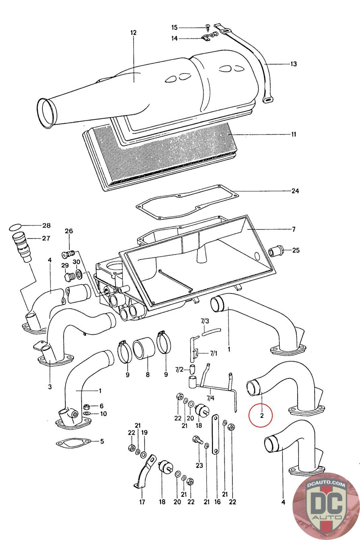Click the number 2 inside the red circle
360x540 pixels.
point(262,415)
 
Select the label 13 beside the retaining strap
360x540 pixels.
point(293,64)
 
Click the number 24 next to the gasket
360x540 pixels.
point(295,191)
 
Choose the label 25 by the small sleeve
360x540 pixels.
point(296,250)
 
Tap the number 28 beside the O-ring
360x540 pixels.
point(46,225)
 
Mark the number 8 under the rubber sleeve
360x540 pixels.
point(147,375)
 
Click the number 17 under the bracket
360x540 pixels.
point(142,502)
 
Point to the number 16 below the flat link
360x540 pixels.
point(217,502)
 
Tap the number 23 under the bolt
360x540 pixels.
point(199,465)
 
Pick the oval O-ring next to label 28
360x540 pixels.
point(16,226)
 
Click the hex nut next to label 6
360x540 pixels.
point(86,406)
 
